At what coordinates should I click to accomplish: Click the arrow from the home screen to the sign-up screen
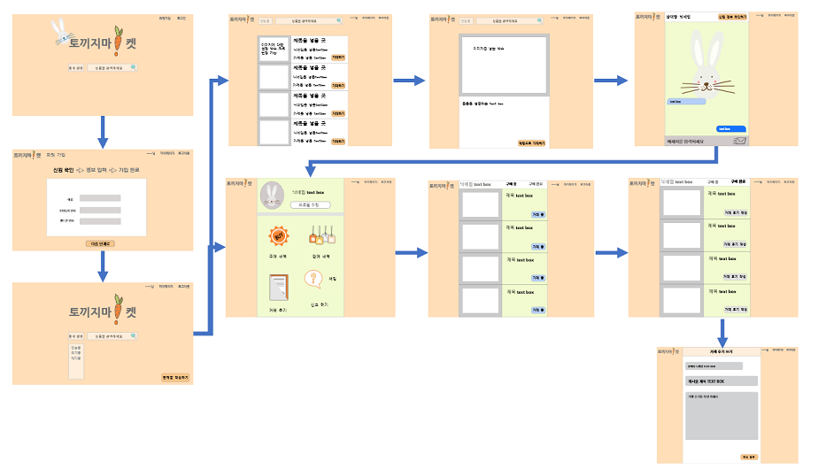click(103, 132)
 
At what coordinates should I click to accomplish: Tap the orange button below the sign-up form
click(101, 242)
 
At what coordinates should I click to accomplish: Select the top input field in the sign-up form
click(99, 199)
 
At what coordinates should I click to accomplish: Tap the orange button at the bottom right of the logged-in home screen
click(175, 378)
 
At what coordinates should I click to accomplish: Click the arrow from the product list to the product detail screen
click(406, 81)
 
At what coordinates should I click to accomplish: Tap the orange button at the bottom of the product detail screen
click(531, 142)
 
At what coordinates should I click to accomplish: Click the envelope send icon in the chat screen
click(740, 141)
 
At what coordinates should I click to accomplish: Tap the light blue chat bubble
click(686, 102)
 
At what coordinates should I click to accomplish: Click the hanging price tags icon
click(320, 235)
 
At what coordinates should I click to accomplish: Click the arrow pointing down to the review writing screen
click(722, 332)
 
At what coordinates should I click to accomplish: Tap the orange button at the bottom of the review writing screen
click(749, 457)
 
